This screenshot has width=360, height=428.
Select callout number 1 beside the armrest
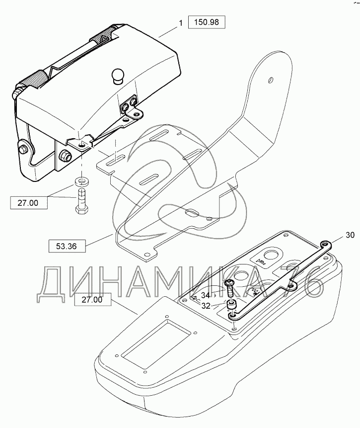(x=182, y=23)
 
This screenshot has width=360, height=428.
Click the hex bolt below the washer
(x=80, y=199)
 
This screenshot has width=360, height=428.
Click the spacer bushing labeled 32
(x=231, y=305)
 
